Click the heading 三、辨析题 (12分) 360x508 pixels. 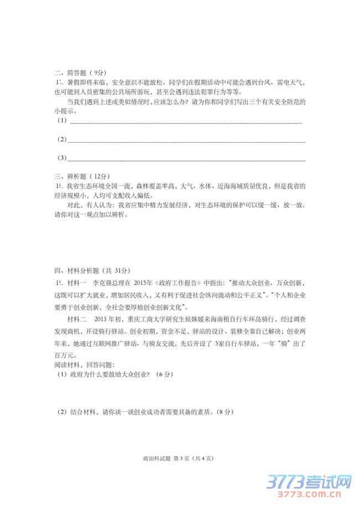tap(82, 177)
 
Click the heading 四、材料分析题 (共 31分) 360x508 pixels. tap(91, 271)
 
